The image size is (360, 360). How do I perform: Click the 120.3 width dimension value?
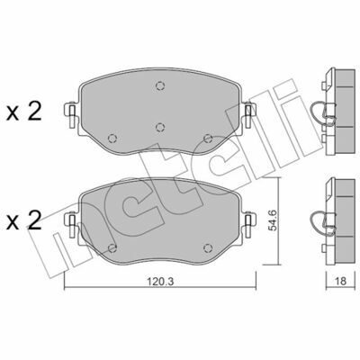[x=160, y=282]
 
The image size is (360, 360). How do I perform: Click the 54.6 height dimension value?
[x=273, y=220]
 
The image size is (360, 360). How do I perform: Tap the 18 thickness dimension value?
[x=340, y=281]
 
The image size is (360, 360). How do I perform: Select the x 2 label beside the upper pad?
[x=24, y=112]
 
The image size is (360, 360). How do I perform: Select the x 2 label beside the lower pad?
[x=24, y=220]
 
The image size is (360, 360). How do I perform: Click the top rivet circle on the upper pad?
[x=160, y=86]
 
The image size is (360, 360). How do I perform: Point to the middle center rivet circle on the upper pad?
[x=160, y=127]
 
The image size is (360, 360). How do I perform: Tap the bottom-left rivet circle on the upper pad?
[x=112, y=139]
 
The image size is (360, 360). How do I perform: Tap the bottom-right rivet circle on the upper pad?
[x=208, y=139]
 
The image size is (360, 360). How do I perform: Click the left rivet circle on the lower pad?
[x=112, y=247]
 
